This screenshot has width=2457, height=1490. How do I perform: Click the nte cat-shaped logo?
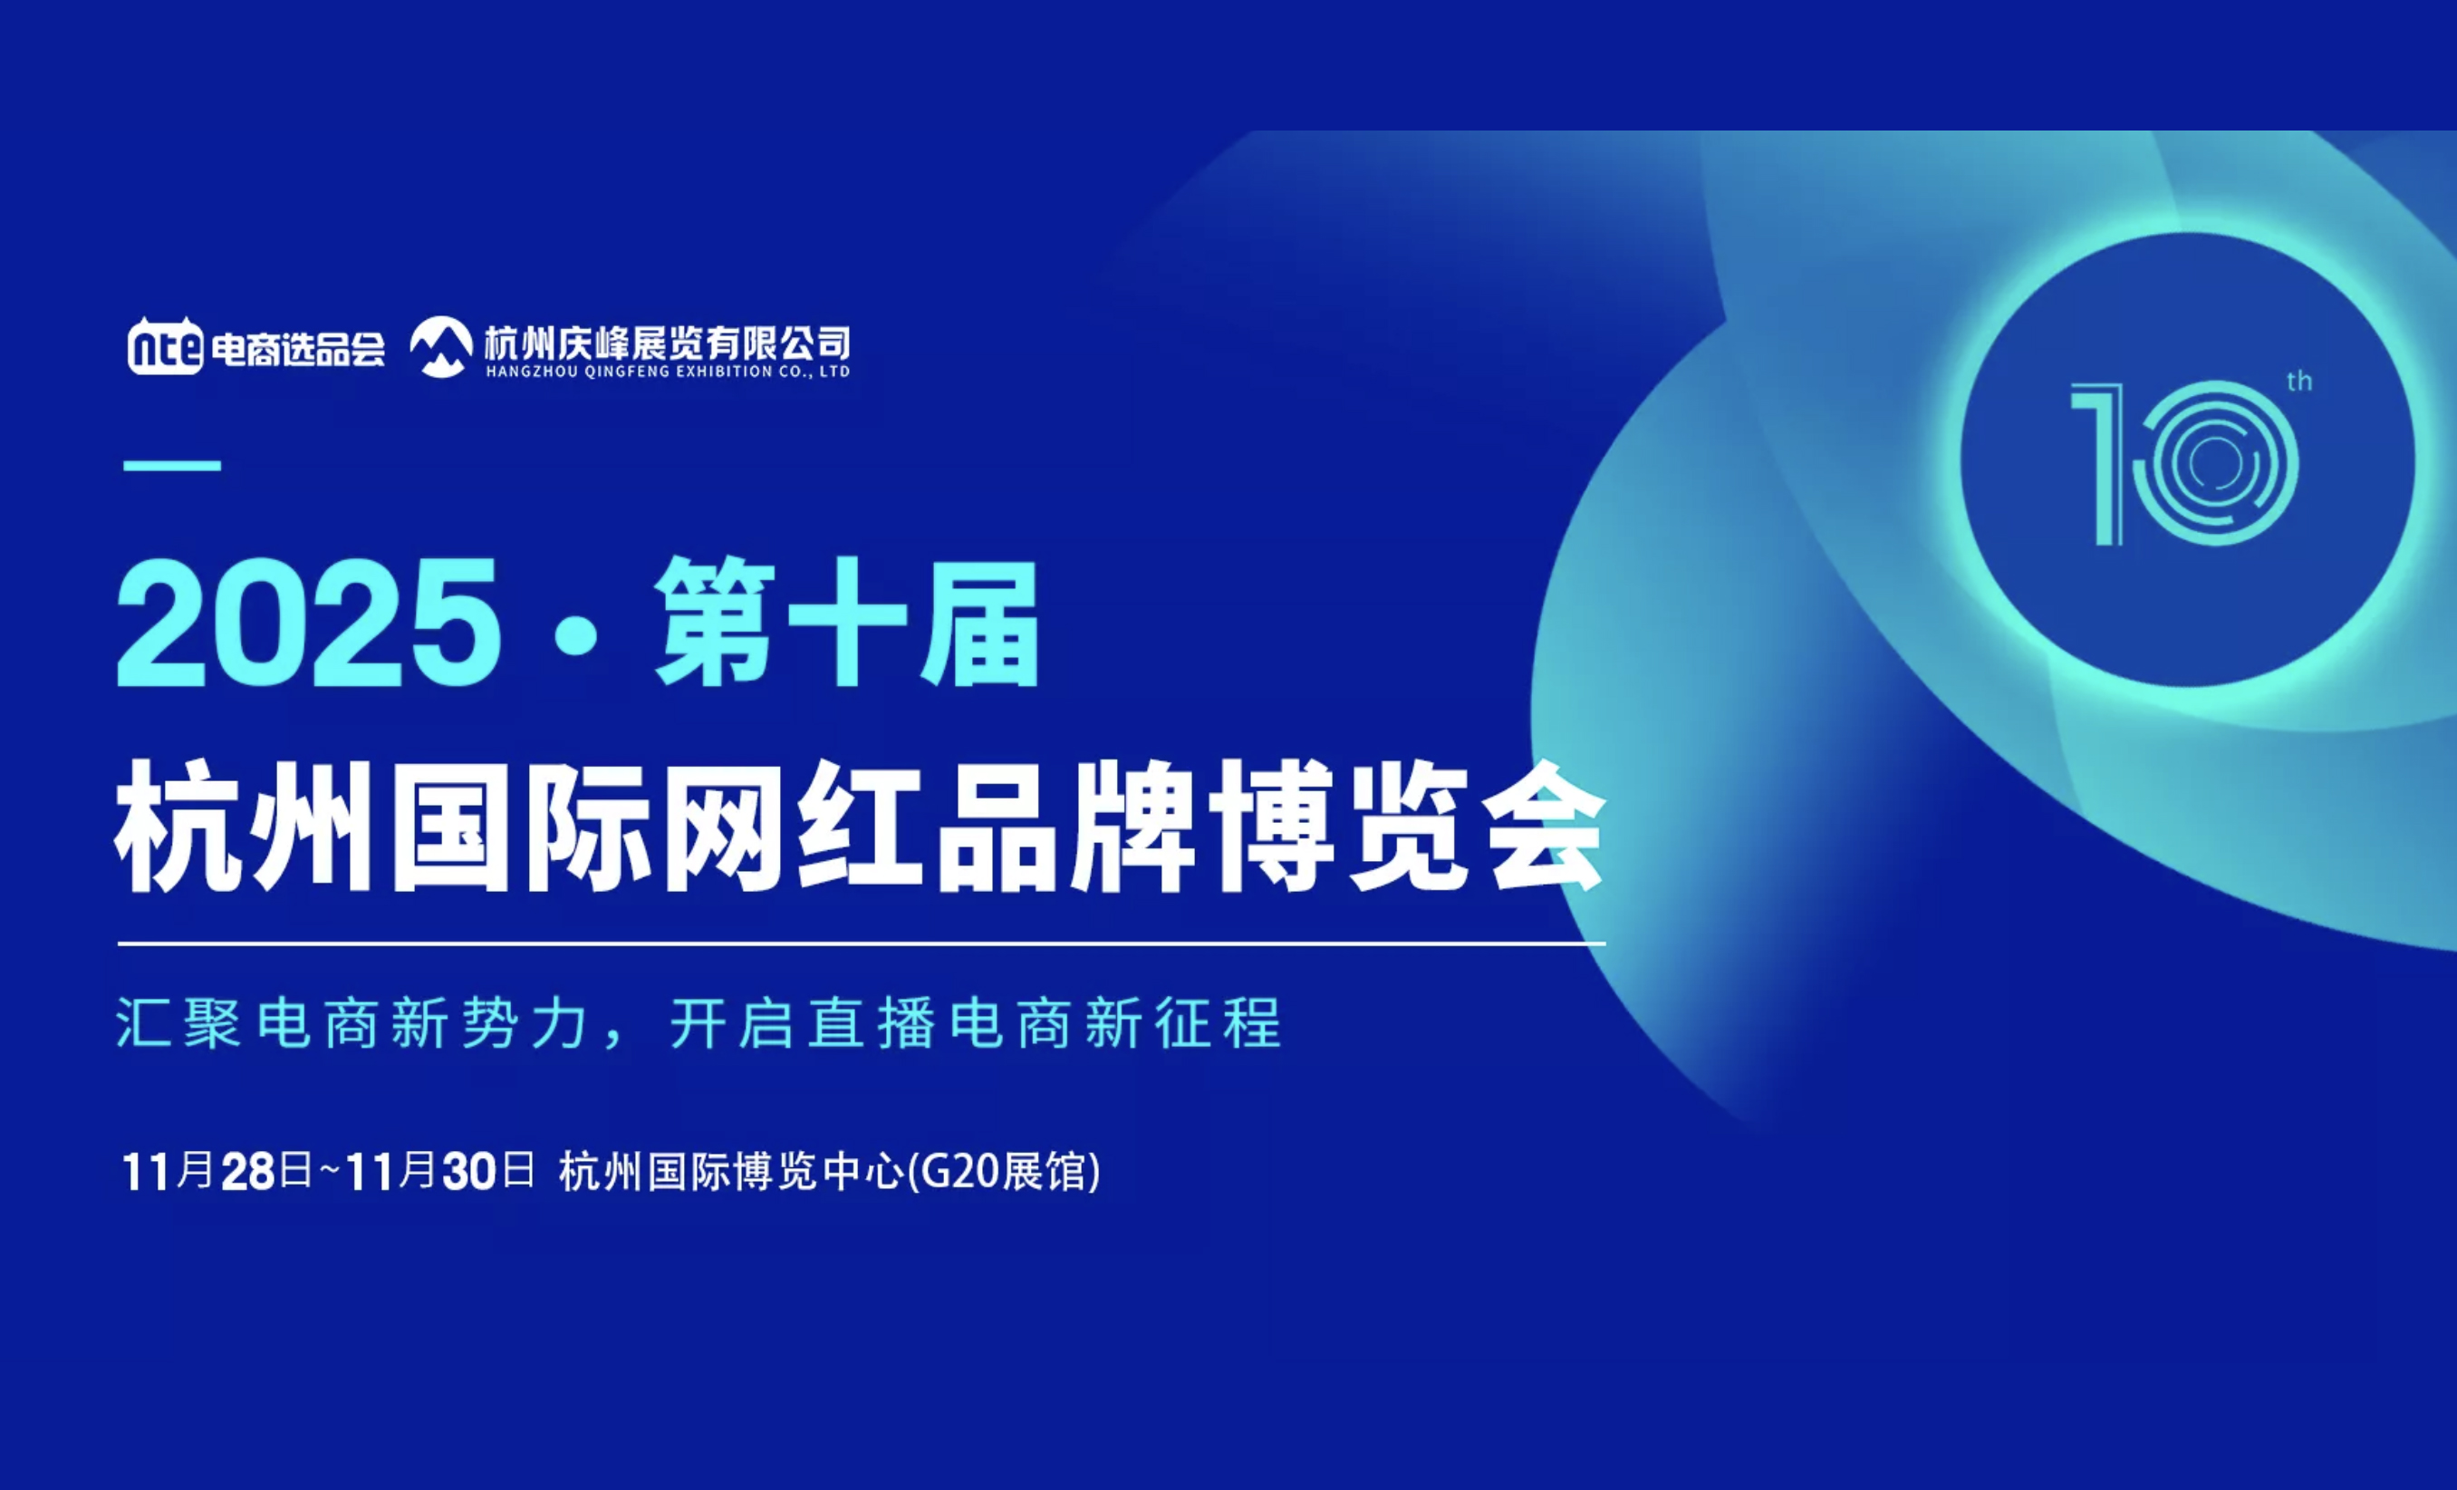(166, 346)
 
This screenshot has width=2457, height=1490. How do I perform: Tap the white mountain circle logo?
(440, 347)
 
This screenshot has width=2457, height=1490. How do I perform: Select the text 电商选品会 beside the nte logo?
(297, 349)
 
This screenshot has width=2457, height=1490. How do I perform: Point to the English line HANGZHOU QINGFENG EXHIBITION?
(667, 372)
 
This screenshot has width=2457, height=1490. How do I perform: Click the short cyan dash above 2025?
(171, 466)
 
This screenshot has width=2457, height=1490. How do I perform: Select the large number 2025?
(308, 623)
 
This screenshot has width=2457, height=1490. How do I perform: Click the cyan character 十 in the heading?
(849, 623)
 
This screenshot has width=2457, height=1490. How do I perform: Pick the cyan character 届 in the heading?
(980, 624)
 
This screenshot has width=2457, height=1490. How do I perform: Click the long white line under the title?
(862, 943)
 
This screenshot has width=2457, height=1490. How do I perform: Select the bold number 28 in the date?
(247, 1172)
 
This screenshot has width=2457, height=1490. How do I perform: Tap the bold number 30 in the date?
(469, 1172)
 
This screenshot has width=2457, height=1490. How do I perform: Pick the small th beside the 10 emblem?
(2299, 381)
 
